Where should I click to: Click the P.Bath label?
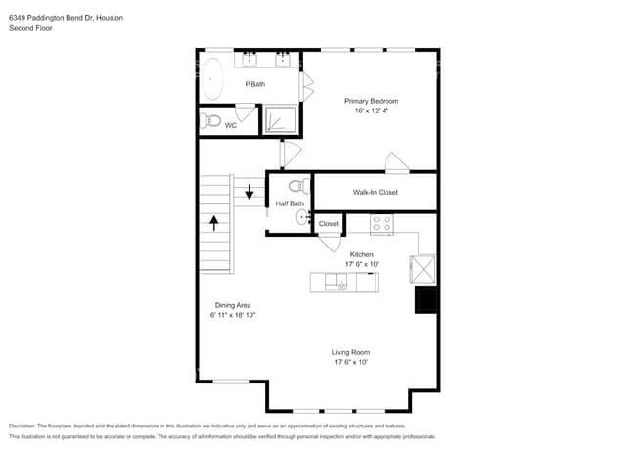point(254,85)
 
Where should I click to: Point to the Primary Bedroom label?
point(371,101)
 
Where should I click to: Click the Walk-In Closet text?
point(374,193)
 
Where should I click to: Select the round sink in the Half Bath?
point(301,217)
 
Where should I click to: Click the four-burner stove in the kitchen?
point(382,224)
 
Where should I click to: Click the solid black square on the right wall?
point(427,300)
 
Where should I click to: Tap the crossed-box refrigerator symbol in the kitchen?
point(425,268)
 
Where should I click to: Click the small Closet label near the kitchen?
point(329,224)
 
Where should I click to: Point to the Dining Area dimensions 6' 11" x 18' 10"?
point(233,315)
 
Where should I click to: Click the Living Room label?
point(350,352)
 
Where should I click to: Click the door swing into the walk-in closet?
point(393,163)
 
